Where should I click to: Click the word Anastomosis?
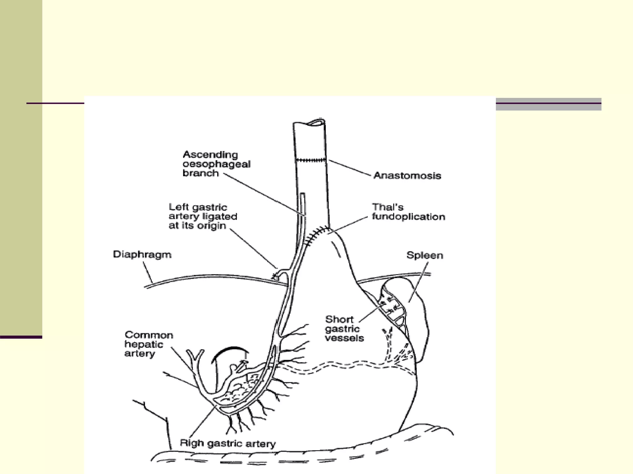tap(407, 176)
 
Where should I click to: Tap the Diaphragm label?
tap(142, 255)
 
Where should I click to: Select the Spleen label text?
tap(424, 256)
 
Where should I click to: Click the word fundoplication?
tap(408, 217)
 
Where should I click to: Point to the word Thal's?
tap(388, 207)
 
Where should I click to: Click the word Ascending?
tap(210, 155)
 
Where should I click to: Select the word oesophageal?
tap(216, 164)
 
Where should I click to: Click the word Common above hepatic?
tap(149, 335)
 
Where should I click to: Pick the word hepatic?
tap(143, 344)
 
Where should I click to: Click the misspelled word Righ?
tap(192, 443)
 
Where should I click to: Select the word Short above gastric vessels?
tap(339, 319)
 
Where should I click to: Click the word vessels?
tap(344, 338)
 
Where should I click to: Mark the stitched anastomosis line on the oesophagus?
tap(310, 160)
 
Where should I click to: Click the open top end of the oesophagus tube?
tap(315, 122)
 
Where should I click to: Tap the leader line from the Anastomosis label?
tap(349, 168)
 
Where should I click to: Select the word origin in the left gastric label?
tap(212, 226)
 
